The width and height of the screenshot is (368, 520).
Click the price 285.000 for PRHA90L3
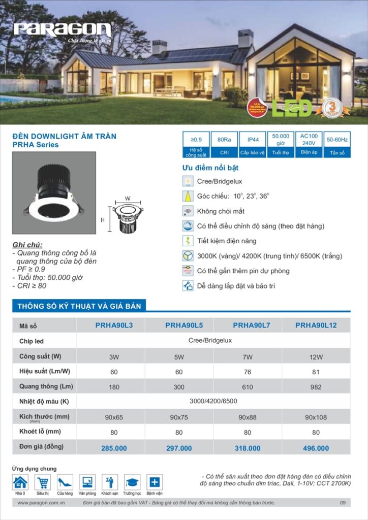click(x=114, y=448)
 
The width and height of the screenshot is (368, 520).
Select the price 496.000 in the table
click(x=316, y=448)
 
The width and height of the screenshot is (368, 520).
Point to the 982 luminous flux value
click(x=316, y=387)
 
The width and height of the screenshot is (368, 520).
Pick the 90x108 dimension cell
click(x=316, y=417)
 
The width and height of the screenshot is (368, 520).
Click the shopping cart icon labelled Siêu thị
click(x=43, y=482)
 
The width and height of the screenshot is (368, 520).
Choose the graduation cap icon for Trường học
click(x=132, y=482)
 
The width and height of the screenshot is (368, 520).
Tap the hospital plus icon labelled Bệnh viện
click(x=155, y=482)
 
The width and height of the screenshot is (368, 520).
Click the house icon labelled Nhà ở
click(x=20, y=482)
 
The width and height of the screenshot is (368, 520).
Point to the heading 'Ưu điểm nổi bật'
click(x=210, y=168)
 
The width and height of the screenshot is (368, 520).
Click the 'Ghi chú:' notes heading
click(x=27, y=244)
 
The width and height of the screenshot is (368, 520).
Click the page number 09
click(x=343, y=503)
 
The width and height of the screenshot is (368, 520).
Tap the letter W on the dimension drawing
click(x=128, y=198)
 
